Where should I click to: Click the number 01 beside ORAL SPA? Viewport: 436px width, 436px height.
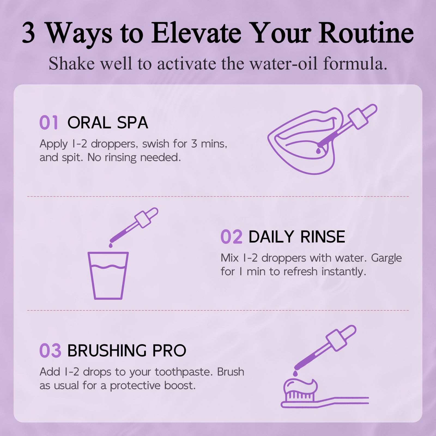tap(49, 123)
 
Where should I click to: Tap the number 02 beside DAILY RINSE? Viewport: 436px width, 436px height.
tap(231, 237)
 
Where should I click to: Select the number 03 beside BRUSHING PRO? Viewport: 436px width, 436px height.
tap(50, 350)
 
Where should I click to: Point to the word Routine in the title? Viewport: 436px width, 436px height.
tap(366, 33)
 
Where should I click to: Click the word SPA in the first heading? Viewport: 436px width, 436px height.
tap(132, 123)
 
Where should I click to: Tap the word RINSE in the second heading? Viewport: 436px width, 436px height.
tap(323, 237)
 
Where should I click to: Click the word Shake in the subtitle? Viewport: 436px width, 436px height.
tap(71, 63)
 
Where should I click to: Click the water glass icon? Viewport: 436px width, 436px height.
tap(108, 275)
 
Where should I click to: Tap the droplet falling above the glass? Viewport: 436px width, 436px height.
tap(111, 245)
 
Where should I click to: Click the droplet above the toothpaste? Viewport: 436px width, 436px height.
tap(296, 373)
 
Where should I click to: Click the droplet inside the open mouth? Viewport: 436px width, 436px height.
tap(318, 151)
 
